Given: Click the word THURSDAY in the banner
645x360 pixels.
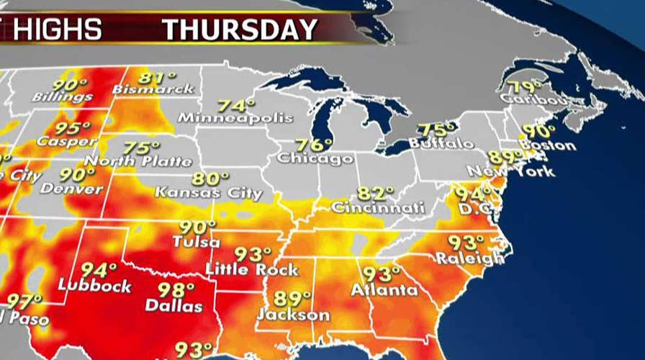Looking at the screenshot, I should click(x=240, y=30).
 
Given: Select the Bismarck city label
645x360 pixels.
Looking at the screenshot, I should click(x=153, y=89).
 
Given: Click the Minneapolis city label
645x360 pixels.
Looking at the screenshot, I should click(x=235, y=117).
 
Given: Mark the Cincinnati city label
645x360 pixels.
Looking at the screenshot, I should click(x=378, y=207).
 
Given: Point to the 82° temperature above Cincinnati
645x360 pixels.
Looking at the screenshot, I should click(x=376, y=193).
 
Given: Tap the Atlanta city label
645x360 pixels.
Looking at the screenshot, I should click(x=383, y=290).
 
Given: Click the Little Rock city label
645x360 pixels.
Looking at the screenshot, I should click(x=252, y=270).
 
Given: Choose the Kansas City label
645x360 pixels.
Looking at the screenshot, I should click(x=209, y=193).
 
